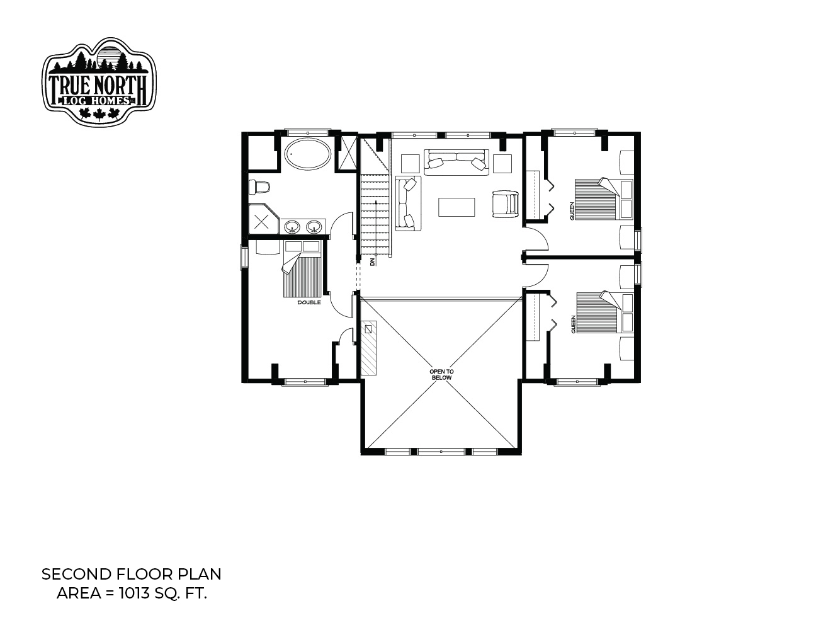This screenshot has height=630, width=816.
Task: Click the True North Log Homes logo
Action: click(99, 82)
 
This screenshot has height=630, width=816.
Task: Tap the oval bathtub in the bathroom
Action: click(307, 156)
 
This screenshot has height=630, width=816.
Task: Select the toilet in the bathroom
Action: click(259, 187)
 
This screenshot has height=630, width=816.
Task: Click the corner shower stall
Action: click(263, 219)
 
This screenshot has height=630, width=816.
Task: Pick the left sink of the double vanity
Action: click(292, 227)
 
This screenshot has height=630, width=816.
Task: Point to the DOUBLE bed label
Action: click(309, 302)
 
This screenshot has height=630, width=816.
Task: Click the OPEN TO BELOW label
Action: click(441, 374)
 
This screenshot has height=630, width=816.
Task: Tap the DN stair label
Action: click(372, 261)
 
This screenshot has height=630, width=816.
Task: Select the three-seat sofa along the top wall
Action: click(456, 162)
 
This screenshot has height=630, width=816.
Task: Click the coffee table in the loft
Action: click(456, 207)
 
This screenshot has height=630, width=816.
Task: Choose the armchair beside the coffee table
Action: click(506, 204)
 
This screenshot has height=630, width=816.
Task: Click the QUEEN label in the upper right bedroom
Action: click(572, 211)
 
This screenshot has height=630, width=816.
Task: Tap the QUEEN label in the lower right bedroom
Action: click(574, 324)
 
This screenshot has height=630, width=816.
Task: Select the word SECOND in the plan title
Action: click(76, 575)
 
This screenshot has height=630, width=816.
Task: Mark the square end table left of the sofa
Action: click(410, 163)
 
